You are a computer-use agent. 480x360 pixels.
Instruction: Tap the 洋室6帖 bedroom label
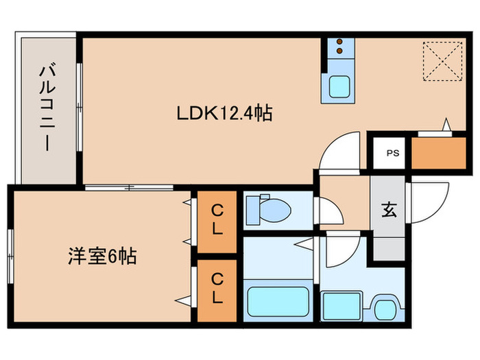(102, 257)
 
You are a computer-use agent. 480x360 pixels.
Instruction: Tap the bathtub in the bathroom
(276, 301)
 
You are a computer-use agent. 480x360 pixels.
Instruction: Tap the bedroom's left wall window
(10, 254)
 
